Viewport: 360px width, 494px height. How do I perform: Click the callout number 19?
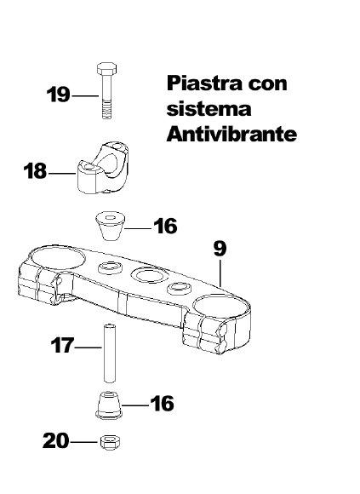point(58,95)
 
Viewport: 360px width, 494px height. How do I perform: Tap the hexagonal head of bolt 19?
point(106,68)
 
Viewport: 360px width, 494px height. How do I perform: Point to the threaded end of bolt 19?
point(106,109)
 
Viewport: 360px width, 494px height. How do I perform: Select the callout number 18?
point(35,171)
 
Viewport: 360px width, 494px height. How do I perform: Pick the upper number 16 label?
point(165,226)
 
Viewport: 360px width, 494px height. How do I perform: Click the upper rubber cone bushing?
point(110,226)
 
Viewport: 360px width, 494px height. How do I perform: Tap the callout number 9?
point(220,249)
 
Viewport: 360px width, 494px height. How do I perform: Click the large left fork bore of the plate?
point(58,258)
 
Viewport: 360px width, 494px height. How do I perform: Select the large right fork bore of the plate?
point(220,306)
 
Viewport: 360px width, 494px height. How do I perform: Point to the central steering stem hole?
point(146,275)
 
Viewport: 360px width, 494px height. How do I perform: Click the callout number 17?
point(62,345)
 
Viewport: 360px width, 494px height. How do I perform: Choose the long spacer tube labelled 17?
point(109,353)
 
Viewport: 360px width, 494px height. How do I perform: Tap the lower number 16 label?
point(162,403)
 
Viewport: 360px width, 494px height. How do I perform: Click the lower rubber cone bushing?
point(109,405)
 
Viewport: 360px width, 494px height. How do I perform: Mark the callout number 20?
point(55,440)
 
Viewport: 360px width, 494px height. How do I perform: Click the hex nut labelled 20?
point(111,442)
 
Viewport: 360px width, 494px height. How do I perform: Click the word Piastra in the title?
point(204,83)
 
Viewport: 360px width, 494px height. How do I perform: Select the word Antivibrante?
point(231,135)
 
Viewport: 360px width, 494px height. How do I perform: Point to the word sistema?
point(209,109)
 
